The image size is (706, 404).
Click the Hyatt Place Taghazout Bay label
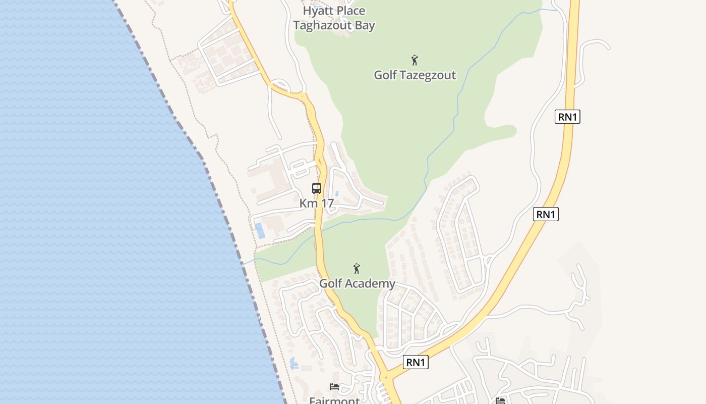pos(334,18)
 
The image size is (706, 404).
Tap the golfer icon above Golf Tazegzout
pos(415,61)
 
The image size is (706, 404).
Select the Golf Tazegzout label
pos(415,75)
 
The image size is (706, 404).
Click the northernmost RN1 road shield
pos(568,117)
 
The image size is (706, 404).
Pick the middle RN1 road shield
pos(546,214)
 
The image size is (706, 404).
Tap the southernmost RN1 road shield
pos(416,362)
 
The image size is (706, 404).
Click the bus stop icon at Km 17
pos(317,188)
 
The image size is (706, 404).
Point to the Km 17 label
pos(317,204)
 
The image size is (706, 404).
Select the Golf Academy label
pos(357,283)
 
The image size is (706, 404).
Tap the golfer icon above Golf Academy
pos(357,269)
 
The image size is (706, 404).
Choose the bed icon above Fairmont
pos(334,387)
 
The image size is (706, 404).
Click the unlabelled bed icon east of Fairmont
pos(500,401)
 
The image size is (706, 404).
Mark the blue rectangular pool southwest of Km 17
pos(260,230)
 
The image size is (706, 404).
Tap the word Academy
pos(372,283)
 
